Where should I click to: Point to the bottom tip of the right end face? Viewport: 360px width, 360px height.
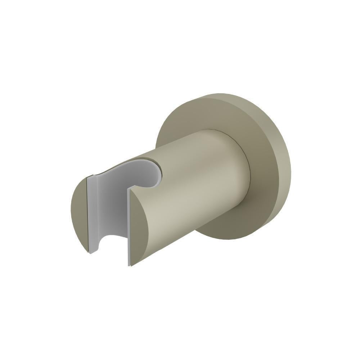130,266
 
